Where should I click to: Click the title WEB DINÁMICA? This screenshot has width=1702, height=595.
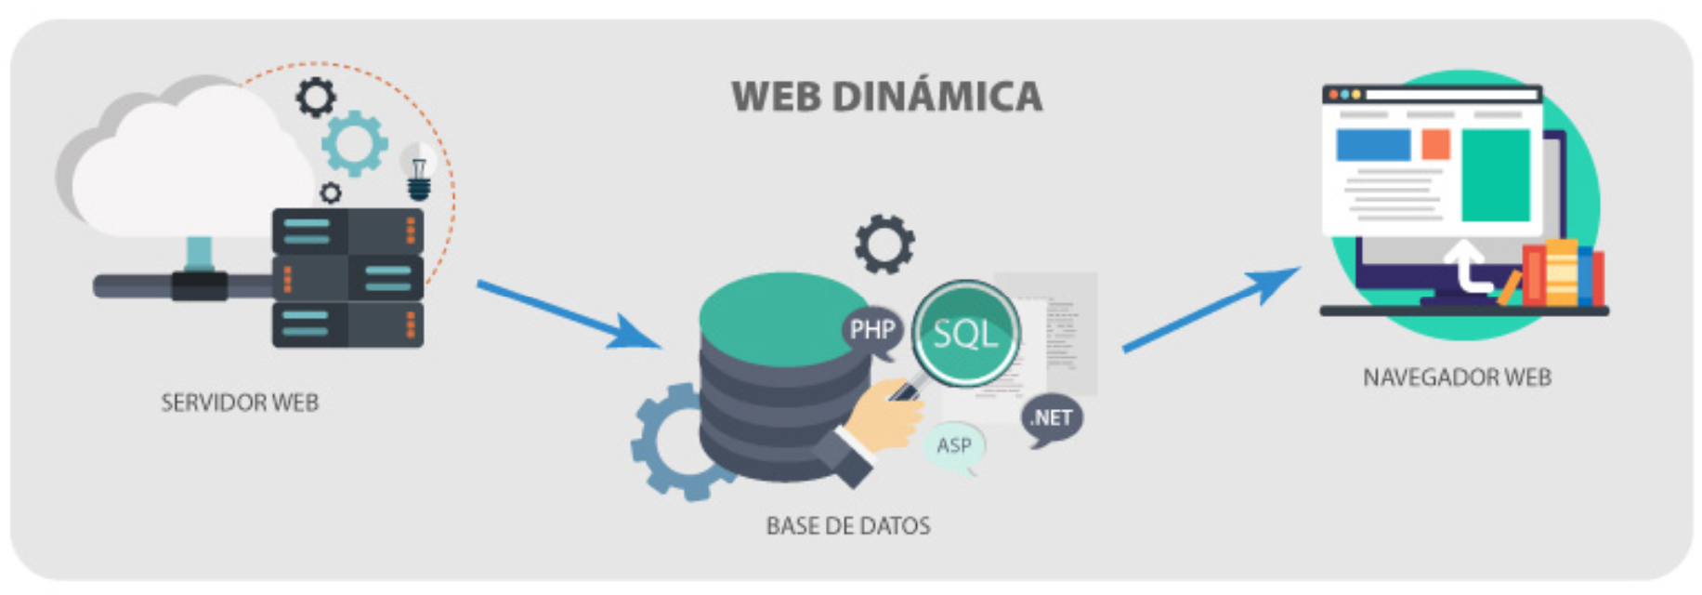[886, 97]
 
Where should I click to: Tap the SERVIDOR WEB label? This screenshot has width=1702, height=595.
[240, 403]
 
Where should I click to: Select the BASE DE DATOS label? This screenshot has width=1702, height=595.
[847, 526]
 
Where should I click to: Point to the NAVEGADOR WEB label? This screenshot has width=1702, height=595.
[1456, 377]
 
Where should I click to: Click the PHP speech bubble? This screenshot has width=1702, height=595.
[871, 330]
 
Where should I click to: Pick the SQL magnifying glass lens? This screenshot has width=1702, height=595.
[965, 333]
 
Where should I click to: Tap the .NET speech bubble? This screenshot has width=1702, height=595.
[1052, 418]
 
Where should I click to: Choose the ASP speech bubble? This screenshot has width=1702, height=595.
[953, 446]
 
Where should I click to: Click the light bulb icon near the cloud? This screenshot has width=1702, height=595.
[420, 174]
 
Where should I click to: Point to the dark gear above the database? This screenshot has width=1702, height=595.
[884, 245]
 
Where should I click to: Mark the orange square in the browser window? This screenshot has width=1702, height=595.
[1435, 144]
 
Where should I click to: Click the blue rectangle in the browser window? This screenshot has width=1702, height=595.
[1373, 145]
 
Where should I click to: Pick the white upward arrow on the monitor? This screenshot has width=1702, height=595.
[1467, 265]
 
